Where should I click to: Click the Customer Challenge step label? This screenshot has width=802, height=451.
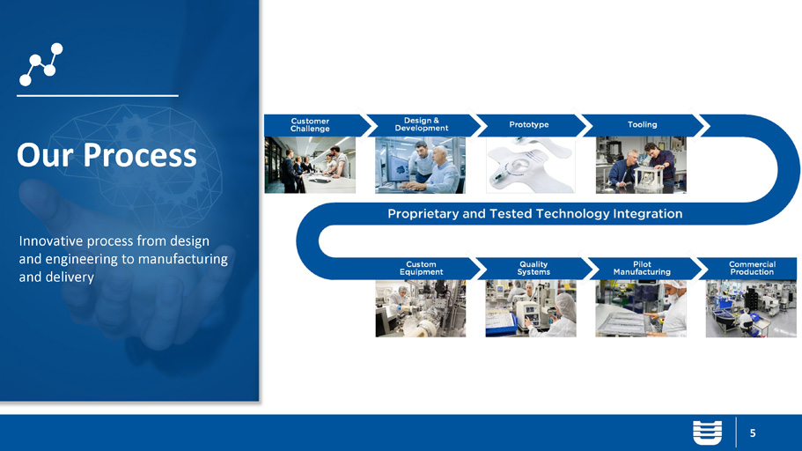point(310,125)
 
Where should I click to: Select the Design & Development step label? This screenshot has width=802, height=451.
point(422,124)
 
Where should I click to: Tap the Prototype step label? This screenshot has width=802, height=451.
point(529,124)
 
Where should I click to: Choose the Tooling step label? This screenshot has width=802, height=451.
point(643,124)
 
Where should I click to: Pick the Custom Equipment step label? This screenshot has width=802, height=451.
point(422,269)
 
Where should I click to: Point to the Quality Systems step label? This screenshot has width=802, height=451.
point(533,269)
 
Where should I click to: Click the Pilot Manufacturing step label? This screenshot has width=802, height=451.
point(642,269)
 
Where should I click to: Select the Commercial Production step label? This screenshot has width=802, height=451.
point(752,269)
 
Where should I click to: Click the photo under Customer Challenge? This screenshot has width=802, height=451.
point(310,165)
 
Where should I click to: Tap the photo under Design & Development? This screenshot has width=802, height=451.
point(421,165)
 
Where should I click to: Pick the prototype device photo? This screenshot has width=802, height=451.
point(530,165)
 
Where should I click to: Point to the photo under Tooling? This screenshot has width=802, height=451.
point(641,165)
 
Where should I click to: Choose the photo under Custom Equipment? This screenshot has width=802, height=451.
point(421,308)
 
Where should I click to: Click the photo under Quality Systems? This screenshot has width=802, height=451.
point(531,308)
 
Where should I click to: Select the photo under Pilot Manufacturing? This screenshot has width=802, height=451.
point(641,308)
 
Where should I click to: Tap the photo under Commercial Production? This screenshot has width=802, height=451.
point(751,308)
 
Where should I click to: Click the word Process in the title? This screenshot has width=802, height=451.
point(140,155)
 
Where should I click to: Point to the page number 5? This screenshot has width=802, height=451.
point(753,433)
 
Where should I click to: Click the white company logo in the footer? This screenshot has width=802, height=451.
point(708,433)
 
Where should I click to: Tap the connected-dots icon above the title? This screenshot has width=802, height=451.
point(40,64)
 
